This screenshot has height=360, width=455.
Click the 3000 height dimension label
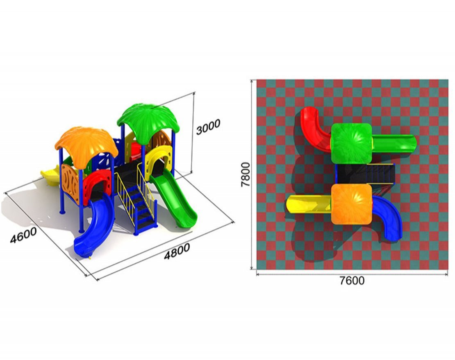click(208, 127)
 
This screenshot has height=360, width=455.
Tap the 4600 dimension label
click(23, 235)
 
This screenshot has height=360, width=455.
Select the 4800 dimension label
click(177, 251)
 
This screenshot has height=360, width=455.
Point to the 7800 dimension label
click(246, 174)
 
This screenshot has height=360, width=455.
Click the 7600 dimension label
click(352, 281)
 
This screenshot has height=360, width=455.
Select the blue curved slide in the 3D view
click(93, 229)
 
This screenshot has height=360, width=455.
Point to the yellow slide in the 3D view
click(50, 175)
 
